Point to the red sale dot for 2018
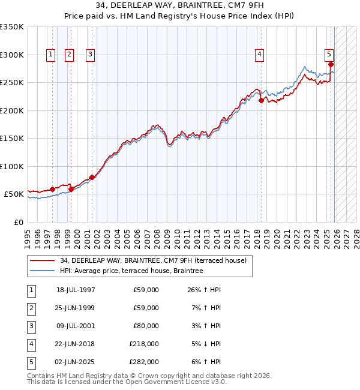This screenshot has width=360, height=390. pyautogui.click(x=261, y=101)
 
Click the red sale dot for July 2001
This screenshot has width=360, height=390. pyautogui.click(x=92, y=177)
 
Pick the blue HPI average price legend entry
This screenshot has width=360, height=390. pyautogui.click(x=131, y=271)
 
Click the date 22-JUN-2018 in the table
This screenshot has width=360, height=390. pyautogui.click(x=76, y=344)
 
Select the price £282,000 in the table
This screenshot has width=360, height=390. pyautogui.click(x=144, y=362)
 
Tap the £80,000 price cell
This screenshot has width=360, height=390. pyautogui.click(x=146, y=326)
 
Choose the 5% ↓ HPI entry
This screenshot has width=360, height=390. pyautogui.click(x=206, y=344)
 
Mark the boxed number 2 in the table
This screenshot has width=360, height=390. pyautogui.click(x=31, y=308)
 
